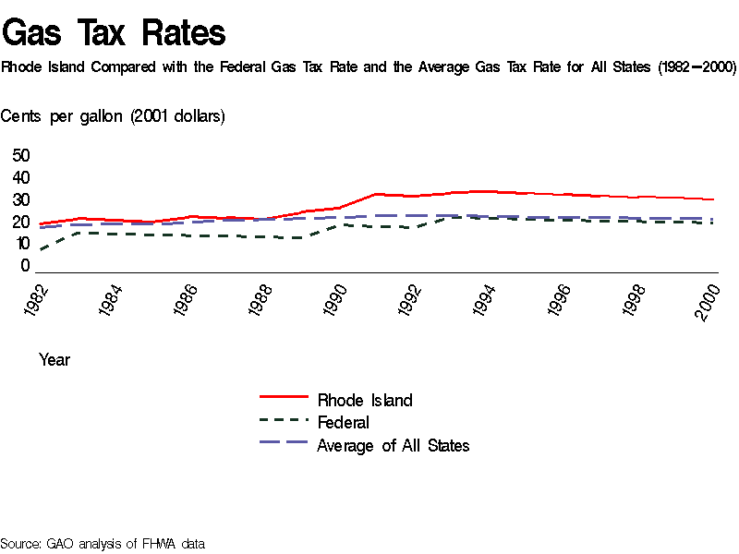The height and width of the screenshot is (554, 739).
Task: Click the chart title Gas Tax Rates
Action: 114,33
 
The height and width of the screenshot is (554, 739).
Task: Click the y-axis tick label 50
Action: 21,155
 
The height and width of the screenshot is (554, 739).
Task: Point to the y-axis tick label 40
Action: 21,177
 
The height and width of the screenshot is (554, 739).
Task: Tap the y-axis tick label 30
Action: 21,199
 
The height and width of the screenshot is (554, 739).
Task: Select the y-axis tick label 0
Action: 26,266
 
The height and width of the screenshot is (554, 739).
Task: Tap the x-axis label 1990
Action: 335,302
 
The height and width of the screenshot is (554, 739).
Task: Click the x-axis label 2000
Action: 709,302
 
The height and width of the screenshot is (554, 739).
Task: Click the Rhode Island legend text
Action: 365,400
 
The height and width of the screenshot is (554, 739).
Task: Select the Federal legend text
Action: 343,423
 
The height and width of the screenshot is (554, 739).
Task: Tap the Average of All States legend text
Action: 394,446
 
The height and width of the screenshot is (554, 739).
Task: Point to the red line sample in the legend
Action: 284,396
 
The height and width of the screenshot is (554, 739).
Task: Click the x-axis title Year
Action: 55,360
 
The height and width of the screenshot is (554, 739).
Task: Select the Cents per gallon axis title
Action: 113,116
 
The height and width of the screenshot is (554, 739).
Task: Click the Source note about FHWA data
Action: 103,544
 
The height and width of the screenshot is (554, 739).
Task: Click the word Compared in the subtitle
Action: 123,67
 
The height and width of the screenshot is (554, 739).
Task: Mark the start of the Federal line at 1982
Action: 41,249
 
